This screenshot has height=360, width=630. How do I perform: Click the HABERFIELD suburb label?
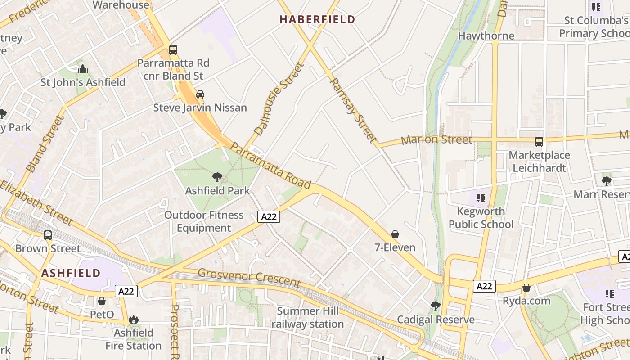(x=317, y=19)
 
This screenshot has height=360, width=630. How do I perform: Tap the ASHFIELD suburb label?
(x=71, y=273)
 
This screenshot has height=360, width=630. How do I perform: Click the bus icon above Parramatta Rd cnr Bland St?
(x=173, y=50)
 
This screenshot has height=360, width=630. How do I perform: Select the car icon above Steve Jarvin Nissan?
(x=200, y=94)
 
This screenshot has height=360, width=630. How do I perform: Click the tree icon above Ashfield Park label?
(x=217, y=177)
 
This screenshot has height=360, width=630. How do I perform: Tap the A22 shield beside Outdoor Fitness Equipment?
(x=269, y=216)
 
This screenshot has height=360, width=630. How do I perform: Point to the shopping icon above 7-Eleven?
(x=395, y=234)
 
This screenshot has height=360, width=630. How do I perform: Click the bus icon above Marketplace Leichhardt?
(x=539, y=142)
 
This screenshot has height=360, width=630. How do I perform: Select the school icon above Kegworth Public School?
(x=481, y=198)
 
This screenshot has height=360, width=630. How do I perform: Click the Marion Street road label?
(x=436, y=139)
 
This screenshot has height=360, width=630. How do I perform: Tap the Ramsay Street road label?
(x=353, y=111)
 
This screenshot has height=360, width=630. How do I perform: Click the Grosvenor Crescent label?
(x=249, y=278)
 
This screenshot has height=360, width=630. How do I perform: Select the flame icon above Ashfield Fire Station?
(x=134, y=319)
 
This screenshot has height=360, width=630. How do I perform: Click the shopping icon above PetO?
(x=102, y=301)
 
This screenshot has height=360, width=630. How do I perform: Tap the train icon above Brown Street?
(x=48, y=235)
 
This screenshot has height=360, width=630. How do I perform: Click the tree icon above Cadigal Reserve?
(x=435, y=306)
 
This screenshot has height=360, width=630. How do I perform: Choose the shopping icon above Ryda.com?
(x=526, y=288)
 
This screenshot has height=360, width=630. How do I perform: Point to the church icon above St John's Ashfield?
(x=83, y=69)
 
